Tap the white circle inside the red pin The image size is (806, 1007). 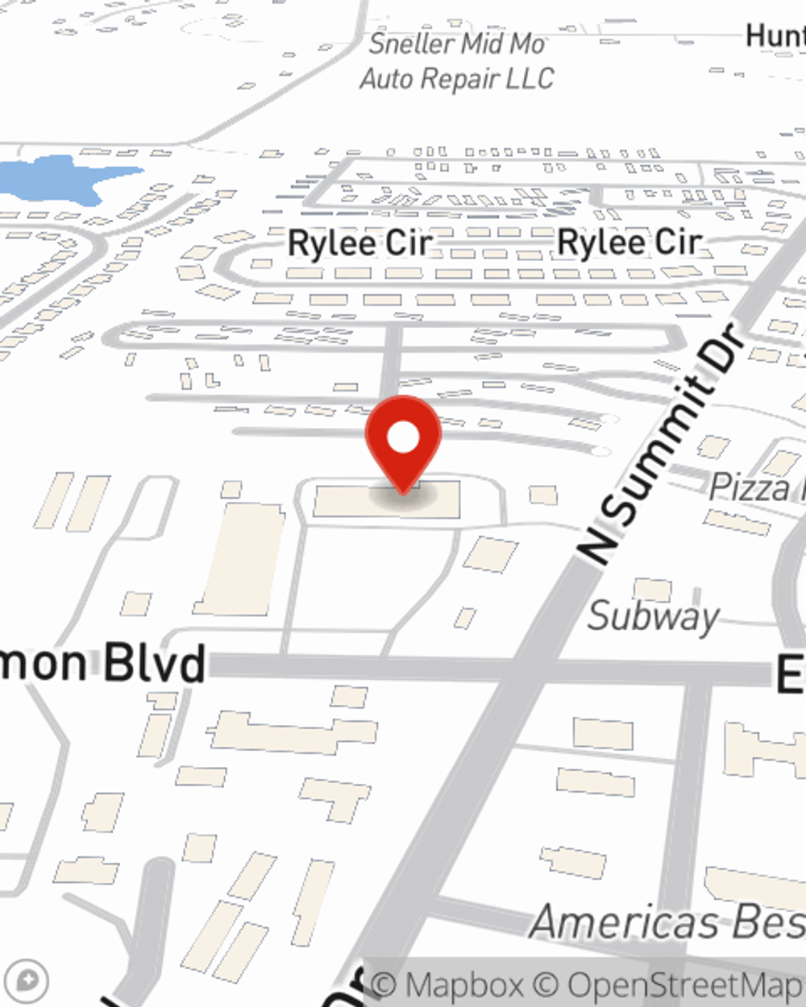pyautogui.click(x=403, y=438)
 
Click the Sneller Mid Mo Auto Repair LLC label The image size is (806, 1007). pyautogui.click(x=457, y=61)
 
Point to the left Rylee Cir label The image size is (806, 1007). pyautogui.click(x=359, y=243)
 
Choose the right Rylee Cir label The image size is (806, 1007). pyautogui.click(x=629, y=242)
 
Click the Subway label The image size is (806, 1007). pyautogui.click(x=653, y=617)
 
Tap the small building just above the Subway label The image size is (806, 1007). pyautogui.click(x=652, y=590)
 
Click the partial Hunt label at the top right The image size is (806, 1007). pyautogui.click(x=775, y=36)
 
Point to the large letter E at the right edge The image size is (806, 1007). pyautogui.click(x=791, y=673)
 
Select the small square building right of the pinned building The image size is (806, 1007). pyautogui.click(x=543, y=494)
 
